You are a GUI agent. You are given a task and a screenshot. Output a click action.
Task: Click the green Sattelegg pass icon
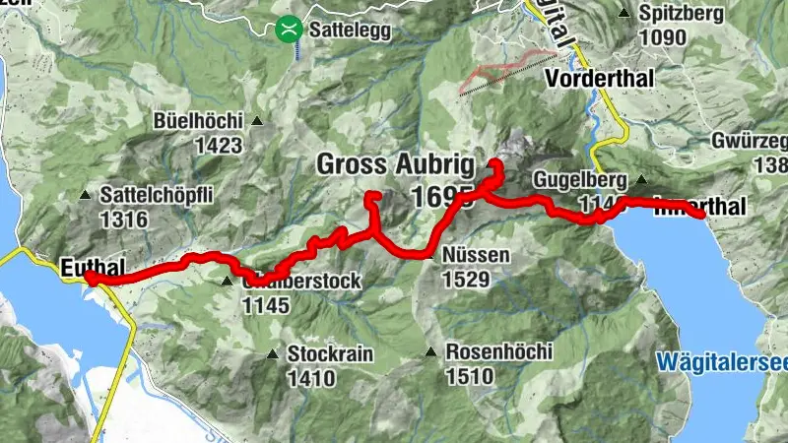tap(288, 29)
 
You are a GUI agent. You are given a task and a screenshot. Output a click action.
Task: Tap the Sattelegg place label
tap(350, 31)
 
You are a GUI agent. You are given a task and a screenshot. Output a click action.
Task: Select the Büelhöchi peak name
tap(198, 122)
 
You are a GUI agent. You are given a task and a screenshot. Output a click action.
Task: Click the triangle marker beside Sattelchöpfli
tap(86, 195)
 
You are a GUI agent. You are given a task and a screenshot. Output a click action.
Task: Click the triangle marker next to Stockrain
tap(273, 353)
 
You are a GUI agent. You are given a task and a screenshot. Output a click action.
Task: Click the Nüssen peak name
tap(477, 256)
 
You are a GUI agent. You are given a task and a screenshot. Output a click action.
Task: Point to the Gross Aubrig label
tap(395, 164)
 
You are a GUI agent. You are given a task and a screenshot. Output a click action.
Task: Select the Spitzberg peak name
tap(681, 14)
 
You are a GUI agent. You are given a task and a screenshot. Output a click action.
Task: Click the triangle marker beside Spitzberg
tap(624, 14)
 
